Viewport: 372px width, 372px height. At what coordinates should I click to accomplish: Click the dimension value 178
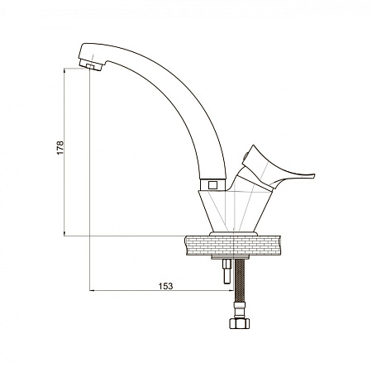point(60,148)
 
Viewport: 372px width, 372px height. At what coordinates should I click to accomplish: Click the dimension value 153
point(165,286)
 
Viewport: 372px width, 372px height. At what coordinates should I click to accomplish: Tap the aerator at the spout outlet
point(91,65)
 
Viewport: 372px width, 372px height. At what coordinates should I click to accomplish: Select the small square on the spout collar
point(212,184)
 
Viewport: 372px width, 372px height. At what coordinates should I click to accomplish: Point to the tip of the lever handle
point(314,175)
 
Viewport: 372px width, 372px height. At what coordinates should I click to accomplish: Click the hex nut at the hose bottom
point(239,323)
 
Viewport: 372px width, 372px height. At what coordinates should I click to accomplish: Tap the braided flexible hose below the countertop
point(239,280)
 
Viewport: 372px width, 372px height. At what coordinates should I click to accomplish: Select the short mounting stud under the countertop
point(227,270)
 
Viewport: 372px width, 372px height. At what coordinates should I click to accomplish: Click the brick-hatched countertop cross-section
point(233,246)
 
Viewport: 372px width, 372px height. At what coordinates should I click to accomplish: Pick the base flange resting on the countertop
point(233,233)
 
